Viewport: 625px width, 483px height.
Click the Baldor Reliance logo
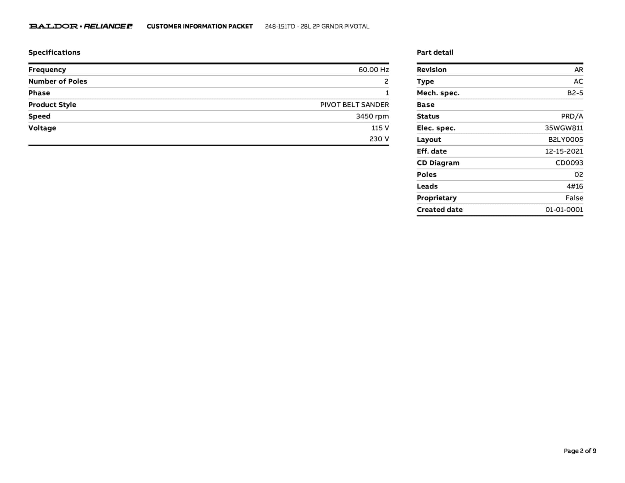point(81,26)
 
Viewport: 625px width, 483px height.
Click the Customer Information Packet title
point(200,26)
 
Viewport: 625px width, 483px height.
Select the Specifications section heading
point(54,52)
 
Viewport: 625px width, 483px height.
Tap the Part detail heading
point(435,52)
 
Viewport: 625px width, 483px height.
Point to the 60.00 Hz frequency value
point(374,70)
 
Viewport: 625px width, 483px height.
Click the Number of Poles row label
point(58,81)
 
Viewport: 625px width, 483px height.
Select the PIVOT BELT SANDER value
point(354,105)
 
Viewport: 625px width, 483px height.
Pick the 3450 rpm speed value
point(372,116)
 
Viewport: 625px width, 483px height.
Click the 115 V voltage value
point(380,128)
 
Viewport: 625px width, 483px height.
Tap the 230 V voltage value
point(379,139)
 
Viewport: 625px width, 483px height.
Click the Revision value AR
point(578,70)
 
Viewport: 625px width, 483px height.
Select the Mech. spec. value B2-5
point(575,93)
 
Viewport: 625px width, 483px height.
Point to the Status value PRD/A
point(572,116)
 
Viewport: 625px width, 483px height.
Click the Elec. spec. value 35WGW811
point(564,128)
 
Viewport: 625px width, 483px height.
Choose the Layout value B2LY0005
point(565,140)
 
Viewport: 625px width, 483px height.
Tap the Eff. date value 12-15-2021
point(564,151)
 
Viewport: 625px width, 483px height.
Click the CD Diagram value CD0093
point(569,163)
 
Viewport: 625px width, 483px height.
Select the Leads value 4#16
point(575,186)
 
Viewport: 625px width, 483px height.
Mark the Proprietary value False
point(574,198)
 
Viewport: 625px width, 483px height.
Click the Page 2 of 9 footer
point(580,451)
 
